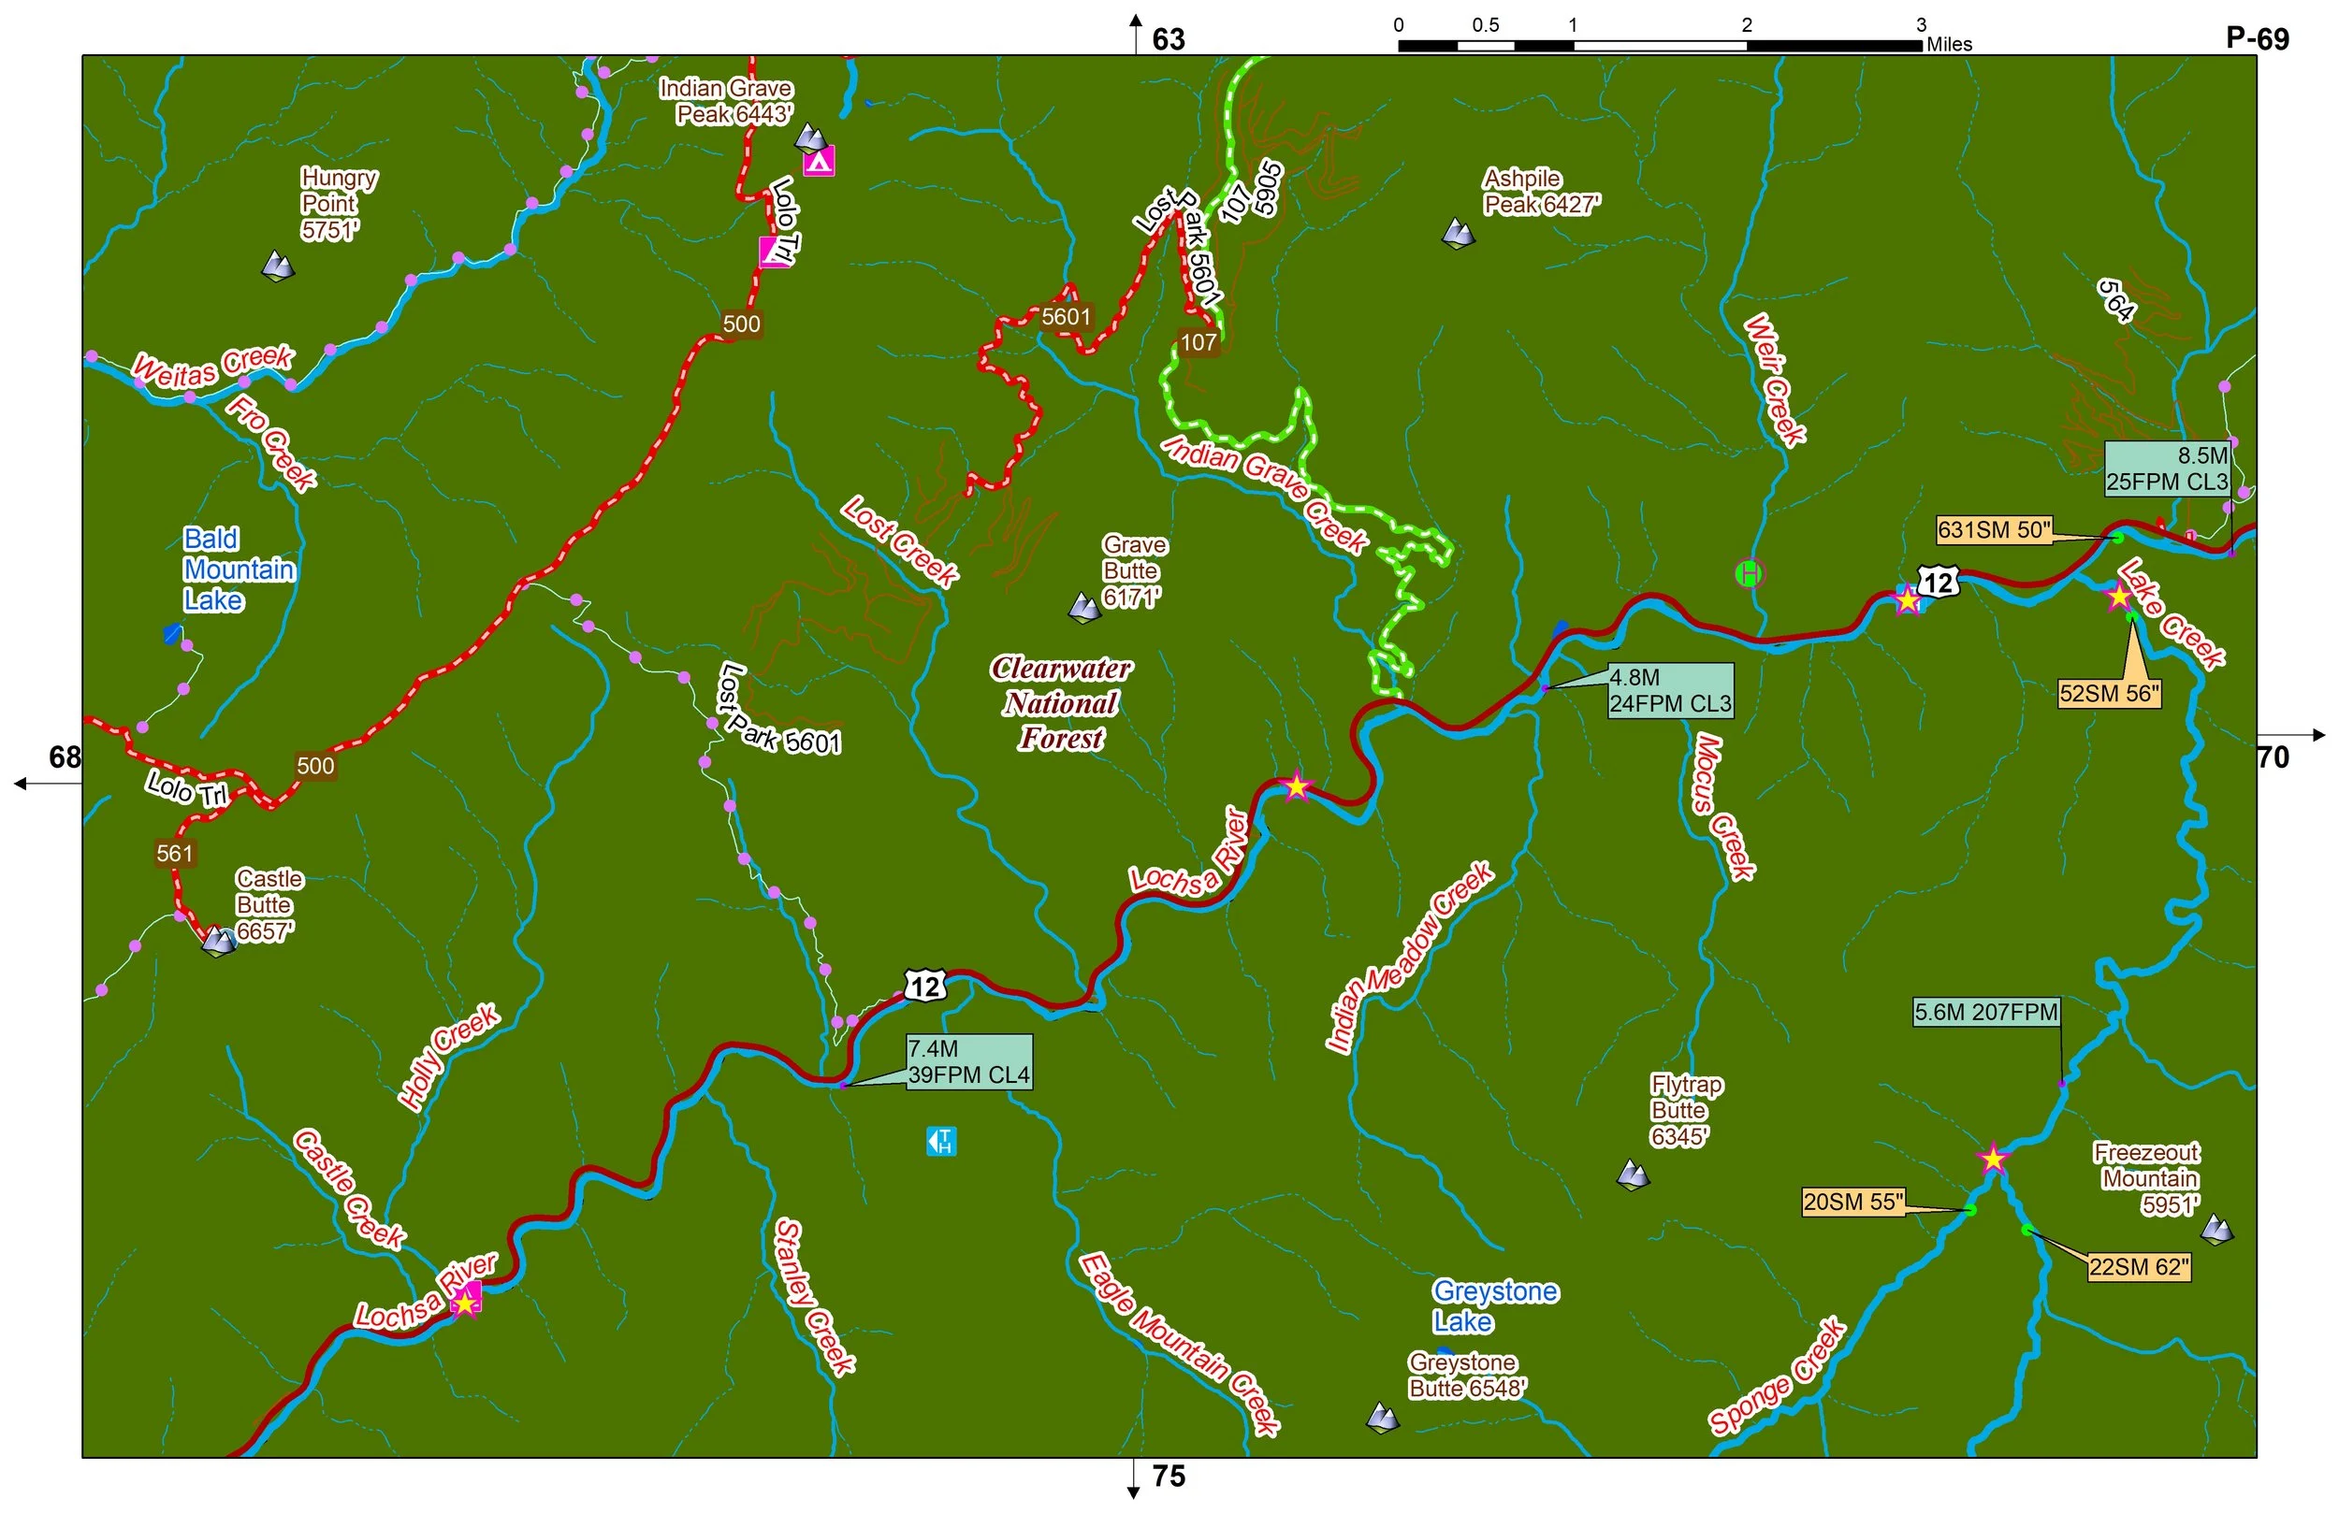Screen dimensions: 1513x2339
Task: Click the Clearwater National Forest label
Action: pyautogui.click(x=1061, y=703)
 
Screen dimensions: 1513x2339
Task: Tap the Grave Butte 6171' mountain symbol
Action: pyautogui.click(x=1084, y=609)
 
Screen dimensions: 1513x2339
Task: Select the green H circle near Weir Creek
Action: pyautogui.click(x=1749, y=573)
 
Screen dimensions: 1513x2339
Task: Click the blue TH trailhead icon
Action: pyautogui.click(x=941, y=1142)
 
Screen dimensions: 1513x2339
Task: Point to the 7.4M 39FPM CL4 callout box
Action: pyautogui.click(x=968, y=1062)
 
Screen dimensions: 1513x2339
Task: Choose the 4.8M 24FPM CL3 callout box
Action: pyautogui.click(x=1670, y=691)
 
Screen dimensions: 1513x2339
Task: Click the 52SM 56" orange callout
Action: pyautogui.click(x=2109, y=694)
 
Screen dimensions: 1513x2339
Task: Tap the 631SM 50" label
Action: pyautogui.click(x=1994, y=530)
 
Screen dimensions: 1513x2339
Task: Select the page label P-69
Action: pyautogui.click(x=2258, y=38)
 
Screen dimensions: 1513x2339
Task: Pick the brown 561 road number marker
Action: pyautogui.click(x=175, y=853)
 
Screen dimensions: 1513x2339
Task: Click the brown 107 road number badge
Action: pyautogui.click(x=1198, y=342)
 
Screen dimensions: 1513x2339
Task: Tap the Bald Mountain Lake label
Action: pyautogui.click(x=238, y=569)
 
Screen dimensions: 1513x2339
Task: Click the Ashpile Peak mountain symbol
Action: pyautogui.click(x=1458, y=234)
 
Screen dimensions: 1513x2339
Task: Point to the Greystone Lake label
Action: pyautogui.click(x=1494, y=1305)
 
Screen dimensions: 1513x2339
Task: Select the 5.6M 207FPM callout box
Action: pyautogui.click(x=1985, y=1012)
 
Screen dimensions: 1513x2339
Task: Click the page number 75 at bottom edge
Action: pyautogui.click(x=1169, y=1477)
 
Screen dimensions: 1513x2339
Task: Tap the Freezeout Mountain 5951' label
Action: pyautogui.click(x=2148, y=1178)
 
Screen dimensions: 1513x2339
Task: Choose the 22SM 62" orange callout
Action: pyautogui.click(x=2139, y=1267)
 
